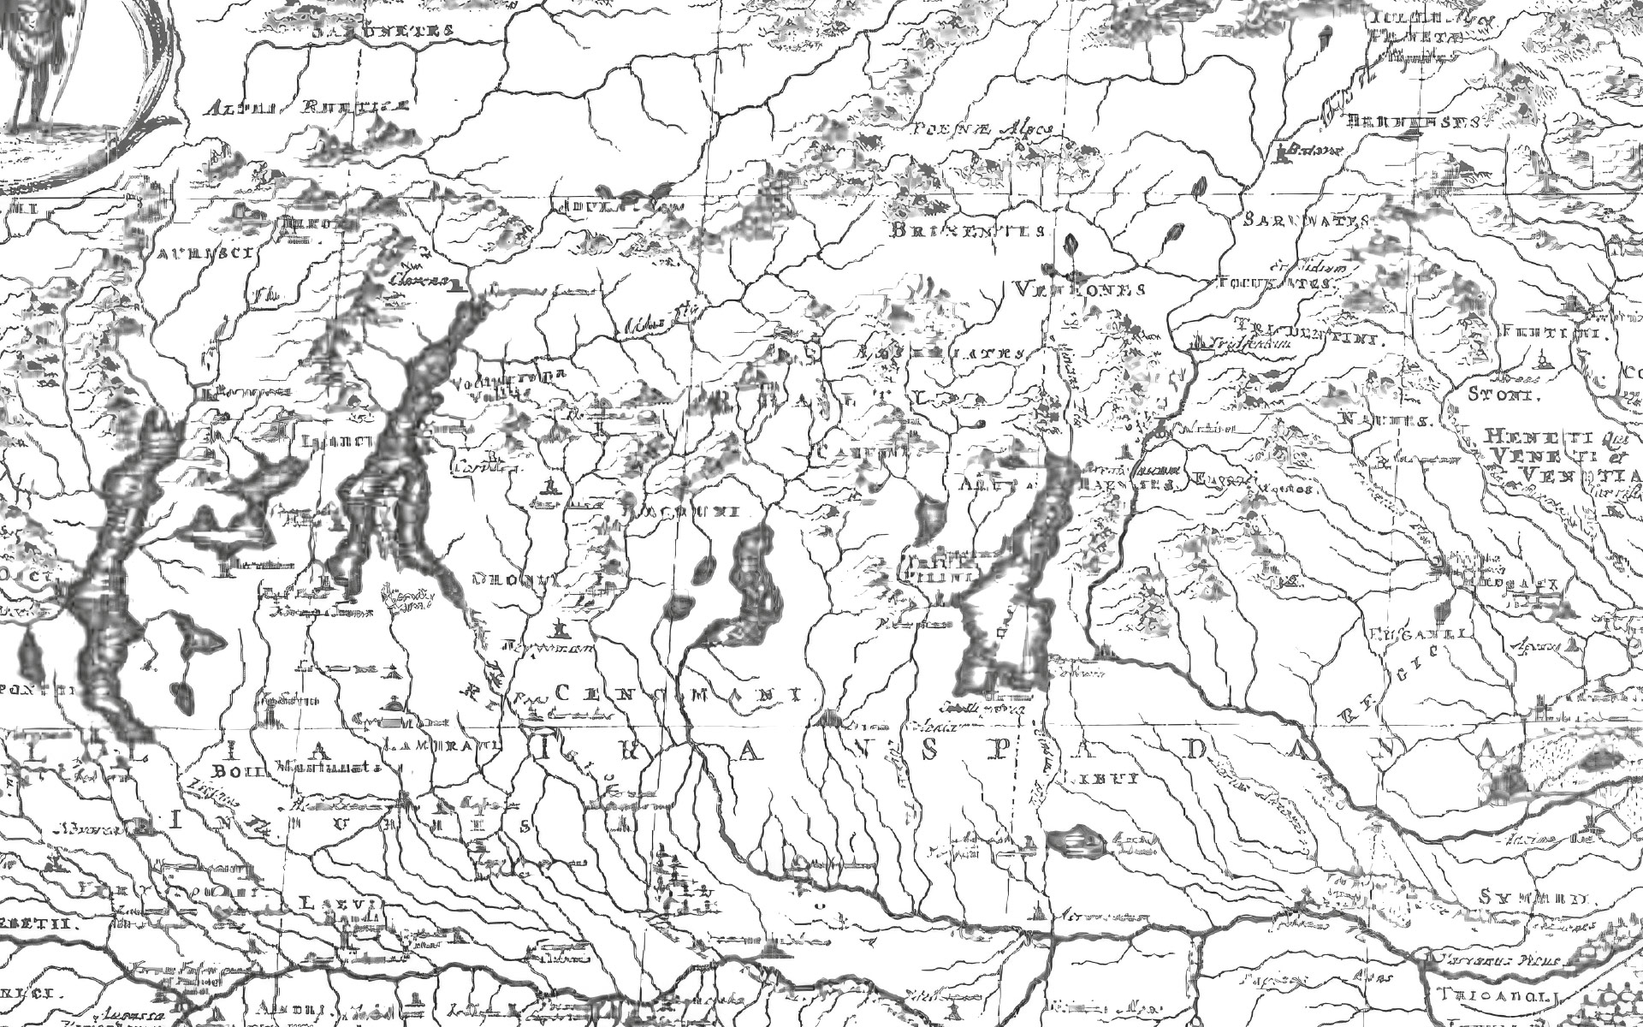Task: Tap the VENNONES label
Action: point(1078,288)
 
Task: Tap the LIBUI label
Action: point(1100,778)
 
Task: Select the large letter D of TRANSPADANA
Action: point(1194,751)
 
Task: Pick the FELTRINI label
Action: point(1562,334)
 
